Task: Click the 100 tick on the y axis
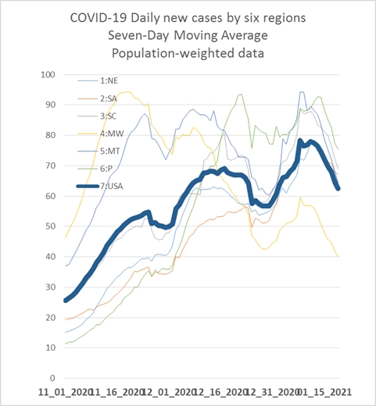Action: point(48,75)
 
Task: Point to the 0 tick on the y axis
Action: point(52,378)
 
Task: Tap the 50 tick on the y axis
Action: point(50,226)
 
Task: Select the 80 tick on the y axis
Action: point(50,135)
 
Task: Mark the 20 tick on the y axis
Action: point(50,318)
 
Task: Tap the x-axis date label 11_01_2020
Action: point(65,392)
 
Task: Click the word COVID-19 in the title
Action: point(98,18)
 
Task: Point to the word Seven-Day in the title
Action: point(138,36)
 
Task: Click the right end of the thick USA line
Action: point(338,189)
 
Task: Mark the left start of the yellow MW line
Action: point(65,238)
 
